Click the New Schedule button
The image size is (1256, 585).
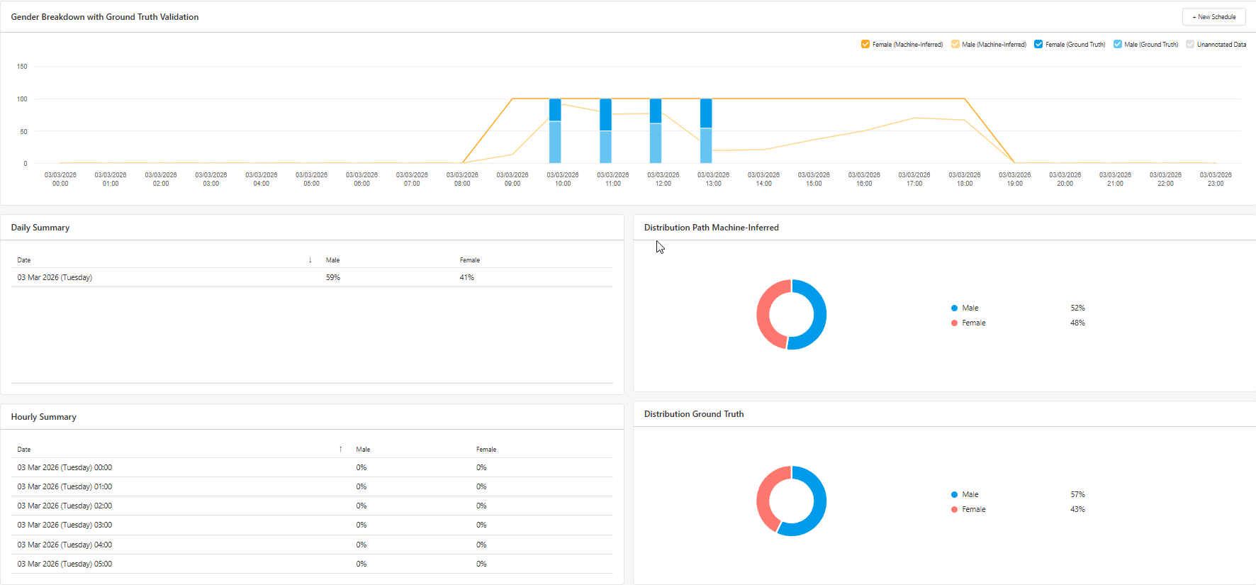pyautogui.click(x=1213, y=17)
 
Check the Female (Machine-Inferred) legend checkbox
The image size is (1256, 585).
pyautogui.click(x=865, y=44)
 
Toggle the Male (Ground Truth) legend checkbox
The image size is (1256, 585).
pyautogui.click(x=1118, y=44)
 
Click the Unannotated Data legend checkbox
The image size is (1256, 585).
pyautogui.click(x=1190, y=44)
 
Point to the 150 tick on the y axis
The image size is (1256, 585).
pyautogui.click(x=22, y=67)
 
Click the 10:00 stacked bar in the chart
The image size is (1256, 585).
pyautogui.click(x=555, y=131)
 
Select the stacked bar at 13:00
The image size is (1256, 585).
pyautogui.click(x=706, y=131)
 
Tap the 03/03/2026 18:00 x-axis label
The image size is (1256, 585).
pyautogui.click(x=965, y=179)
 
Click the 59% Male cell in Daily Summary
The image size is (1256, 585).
pyautogui.click(x=333, y=277)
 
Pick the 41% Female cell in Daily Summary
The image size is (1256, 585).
pyautogui.click(x=467, y=277)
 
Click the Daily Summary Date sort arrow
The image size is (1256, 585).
pyautogui.click(x=310, y=260)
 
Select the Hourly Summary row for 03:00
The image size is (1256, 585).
pyautogui.click(x=312, y=525)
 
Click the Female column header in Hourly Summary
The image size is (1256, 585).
pyautogui.click(x=486, y=450)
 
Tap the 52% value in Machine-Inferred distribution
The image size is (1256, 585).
pyautogui.click(x=1077, y=308)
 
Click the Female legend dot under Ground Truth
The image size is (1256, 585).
pyautogui.click(x=954, y=509)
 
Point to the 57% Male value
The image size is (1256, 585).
pyautogui.click(x=1077, y=494)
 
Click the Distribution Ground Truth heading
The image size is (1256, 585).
pyautogui.click(x=694, y=414)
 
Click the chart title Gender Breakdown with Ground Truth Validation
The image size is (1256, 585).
pyautogui.click(x=105, y=17)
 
